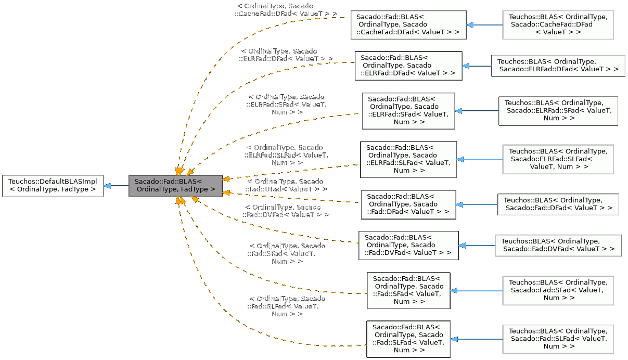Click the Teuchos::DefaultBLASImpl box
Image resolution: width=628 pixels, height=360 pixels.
coord(53,186)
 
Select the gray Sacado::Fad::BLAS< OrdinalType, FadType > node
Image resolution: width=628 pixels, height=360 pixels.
coord(175,186)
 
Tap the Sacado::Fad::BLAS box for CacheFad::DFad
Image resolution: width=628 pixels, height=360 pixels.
coord(408,24)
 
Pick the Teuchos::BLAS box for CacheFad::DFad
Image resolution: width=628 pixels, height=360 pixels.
coord(558,24)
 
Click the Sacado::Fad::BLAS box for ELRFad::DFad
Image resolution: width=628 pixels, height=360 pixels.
coord(408,66)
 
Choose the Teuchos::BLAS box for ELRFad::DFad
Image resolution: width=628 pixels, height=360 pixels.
coord(558,66)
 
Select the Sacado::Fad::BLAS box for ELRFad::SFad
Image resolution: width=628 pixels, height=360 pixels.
coord(408,111)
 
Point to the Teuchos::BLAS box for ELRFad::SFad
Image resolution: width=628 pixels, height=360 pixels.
coord(558,111)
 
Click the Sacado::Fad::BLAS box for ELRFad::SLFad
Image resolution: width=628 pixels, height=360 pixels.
coord(408,159)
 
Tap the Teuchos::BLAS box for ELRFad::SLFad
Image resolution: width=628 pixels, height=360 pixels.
coord(558,159)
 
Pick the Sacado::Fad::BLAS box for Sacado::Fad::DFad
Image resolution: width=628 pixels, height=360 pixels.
coord(408,204)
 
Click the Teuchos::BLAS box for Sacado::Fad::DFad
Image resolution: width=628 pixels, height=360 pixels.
coord(558,204)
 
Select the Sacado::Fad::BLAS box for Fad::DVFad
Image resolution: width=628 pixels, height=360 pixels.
coord(408,246)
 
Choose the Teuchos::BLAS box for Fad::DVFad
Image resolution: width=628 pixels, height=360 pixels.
coord(558,246)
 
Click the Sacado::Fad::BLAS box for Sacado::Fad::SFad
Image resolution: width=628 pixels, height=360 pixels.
coord(408,291)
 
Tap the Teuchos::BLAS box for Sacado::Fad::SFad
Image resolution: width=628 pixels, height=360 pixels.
coord(558,291)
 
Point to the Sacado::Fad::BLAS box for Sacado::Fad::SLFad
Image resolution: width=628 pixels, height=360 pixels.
coord(408,339)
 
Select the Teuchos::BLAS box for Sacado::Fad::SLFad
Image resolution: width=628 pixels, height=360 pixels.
coord(558,339)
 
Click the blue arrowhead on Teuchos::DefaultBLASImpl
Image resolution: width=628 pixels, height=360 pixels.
coord(107,186)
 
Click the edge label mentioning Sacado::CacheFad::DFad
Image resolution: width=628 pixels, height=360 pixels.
coord(286,10)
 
